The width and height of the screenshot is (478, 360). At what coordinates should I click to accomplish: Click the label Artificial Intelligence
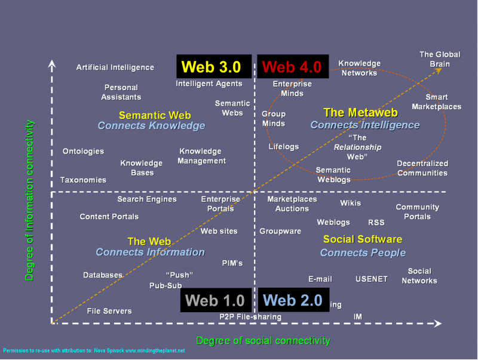[x=115, y=67]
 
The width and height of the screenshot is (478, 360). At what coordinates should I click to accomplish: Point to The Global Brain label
[x=440, y=60]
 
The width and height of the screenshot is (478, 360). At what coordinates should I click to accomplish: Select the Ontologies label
[x=83, y=152]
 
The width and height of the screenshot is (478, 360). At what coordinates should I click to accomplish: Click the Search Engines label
[x=147, y=199]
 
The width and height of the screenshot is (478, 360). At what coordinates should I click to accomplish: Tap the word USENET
[x=372, y=279]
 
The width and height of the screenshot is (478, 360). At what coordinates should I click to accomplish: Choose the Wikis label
[x=351, y=203]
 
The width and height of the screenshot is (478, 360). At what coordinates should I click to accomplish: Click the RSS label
[x=376, y=223]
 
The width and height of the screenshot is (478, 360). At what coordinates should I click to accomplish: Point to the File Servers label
[x=109, y=311]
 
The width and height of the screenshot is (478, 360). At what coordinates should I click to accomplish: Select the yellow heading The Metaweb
[x=351, y=112]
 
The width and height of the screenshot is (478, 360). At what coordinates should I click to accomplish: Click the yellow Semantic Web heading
[x=155, y=115]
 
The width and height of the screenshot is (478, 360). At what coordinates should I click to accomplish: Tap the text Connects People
[x=363, y=253]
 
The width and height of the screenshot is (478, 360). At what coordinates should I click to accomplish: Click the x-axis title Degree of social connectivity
[x=263, y=341]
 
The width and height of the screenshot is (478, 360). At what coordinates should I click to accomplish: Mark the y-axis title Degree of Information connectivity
[x=29, y=200]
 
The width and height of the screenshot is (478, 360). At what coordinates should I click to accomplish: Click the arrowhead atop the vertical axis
[x=53, y=63]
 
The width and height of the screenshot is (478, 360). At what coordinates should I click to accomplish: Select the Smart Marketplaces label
[x=437, y=102]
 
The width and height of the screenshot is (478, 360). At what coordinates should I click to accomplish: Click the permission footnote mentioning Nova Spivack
[x=94, y=350]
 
